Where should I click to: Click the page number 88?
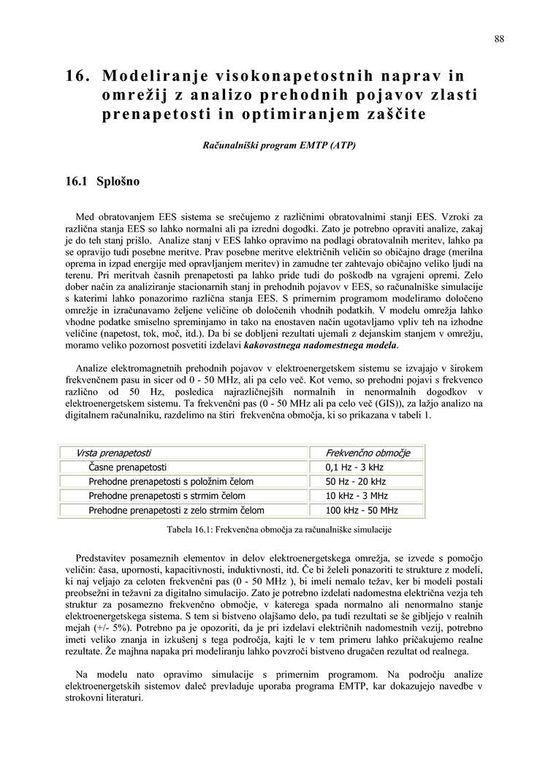click(498, 39)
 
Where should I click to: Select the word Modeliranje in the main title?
click(153, 76)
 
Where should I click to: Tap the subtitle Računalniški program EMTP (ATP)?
click(279, 145)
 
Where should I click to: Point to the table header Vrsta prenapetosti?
click(114, 453)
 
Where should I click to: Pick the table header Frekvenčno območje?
click(368, 453)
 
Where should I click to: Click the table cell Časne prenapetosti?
click(128, 467)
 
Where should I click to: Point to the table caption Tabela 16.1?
click(279, 529)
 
